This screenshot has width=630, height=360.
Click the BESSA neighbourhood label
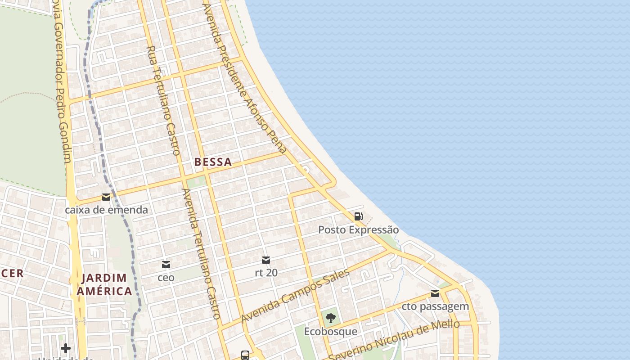pyautogui.click(x=213, y=162)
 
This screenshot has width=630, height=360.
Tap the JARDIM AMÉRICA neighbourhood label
pyautogui.click(x=104, y=284)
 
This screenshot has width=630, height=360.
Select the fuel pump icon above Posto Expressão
pyautogui.click(x=358, y=216)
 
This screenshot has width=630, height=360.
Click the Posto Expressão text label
pyautogui.click(x=358, y=230)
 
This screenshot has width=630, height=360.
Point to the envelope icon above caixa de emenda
pyautogui.click(x=106, y=197)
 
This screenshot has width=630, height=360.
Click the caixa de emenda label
pyautogui.click(x=106, y=210)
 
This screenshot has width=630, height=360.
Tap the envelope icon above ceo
pyautogui.click(x=166, y=265)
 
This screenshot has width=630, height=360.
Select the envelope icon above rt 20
pyautogui.click(x=266, y=260)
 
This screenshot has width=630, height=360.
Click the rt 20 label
pyautogui.click(x=266, y=273)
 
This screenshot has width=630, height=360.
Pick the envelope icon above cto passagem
pyautogui.click(x=435, y=294)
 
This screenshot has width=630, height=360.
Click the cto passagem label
pyautogui.click(x=435, y=306)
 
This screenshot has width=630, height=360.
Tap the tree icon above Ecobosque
pyautogui.click(x=331, y=318)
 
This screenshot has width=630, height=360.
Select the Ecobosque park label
pyautogui.click(x=331, y=332)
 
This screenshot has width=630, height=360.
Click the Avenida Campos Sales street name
pyautogui.click(x=295, y=296)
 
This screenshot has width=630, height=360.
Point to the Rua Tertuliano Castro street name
pyautogui.click(x=164, y=100)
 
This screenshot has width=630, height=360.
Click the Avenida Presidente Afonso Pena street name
pyautogui.click(x=244, y=79)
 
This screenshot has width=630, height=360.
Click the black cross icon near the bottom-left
pyautogui.click(x=66, y=348)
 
